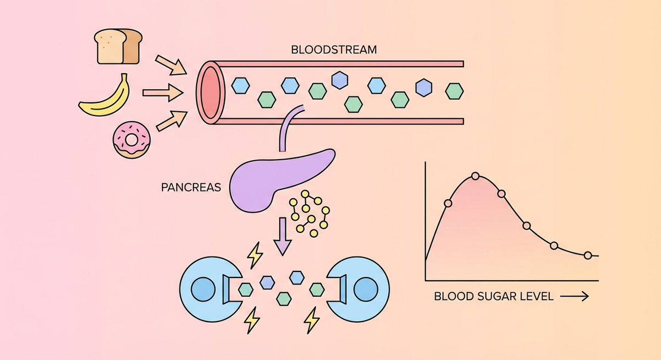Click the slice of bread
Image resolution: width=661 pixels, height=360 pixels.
117,47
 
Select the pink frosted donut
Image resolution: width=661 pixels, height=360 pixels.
131,140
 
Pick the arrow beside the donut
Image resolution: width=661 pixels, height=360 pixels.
170,120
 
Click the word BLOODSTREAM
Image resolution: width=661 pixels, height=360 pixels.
334,50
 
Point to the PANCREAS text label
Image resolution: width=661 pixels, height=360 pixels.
191,187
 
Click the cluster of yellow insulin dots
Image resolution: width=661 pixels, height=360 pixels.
310,214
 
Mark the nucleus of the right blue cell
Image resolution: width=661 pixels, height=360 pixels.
364,289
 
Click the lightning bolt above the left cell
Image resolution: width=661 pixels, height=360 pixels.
255,255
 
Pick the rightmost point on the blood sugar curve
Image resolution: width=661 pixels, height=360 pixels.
588,255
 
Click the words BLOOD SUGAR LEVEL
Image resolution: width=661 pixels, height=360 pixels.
494,297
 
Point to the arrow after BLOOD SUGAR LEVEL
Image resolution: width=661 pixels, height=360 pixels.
574,297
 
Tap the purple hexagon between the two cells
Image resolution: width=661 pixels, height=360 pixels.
268,282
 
